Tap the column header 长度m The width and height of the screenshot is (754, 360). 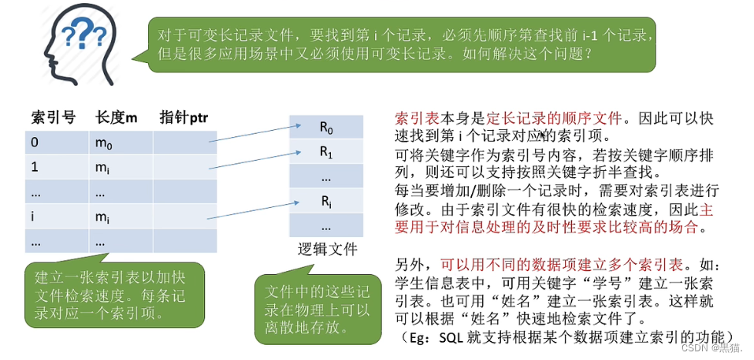pyautogui.click(x=116, y=117)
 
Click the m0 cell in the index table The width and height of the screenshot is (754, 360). pyautogui.click(x=105, y=143)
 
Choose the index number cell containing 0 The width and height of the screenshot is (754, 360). pyautogui.click(x=35, y=143)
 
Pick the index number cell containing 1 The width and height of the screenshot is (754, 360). pyautogui.click(x=35, y=167)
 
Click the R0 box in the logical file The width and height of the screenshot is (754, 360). pyautogui.click(x=326, y=128)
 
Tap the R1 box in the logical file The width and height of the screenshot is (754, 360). pyautogui.click(x=326, y=152)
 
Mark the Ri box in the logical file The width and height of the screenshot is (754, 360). pyautogui.click(x=326, y=202)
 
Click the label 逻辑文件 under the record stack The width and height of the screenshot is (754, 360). pyautogui.click(x=327, y=250)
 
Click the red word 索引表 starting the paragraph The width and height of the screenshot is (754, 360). pyautogui.click(x=412, y=119)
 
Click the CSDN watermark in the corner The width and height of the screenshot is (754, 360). pyautogui.click(x=712, y=347)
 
